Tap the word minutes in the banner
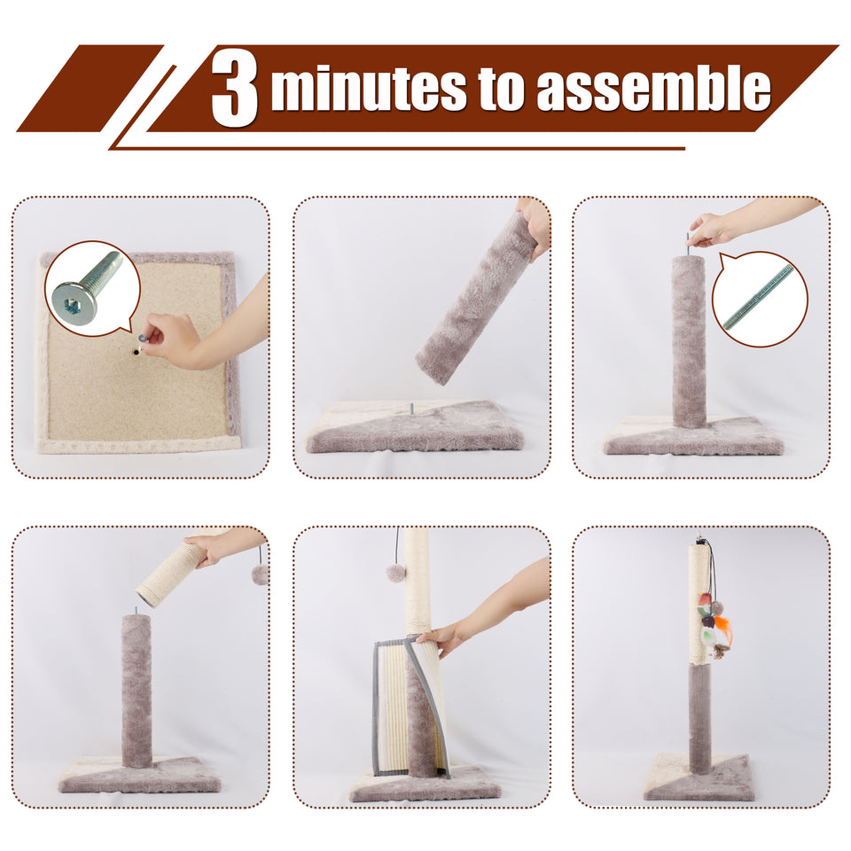click(x=368, y=90)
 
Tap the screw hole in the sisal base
click(x=135, y=351)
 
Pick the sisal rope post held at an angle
click(x=173, y=574)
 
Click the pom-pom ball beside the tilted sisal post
click(x=260, y=574)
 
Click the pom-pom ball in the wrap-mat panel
click(x=395, y=572)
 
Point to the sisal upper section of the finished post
click(x=699, y=603)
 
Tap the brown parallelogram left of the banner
click(x=89, y=88)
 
